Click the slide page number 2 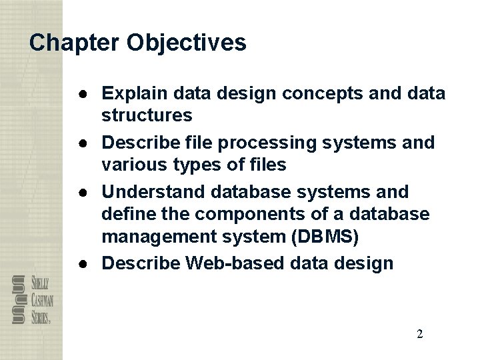(x=419, y=334)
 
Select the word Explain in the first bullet (x=135, y=92)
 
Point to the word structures (x=147, y=116)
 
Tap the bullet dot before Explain (x=88, y=92)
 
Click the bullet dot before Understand (x=88, y=192)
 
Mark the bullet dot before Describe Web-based (x=88, y=263)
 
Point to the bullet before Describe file (x=88, y=143)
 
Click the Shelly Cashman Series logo (x=32, y=299)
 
